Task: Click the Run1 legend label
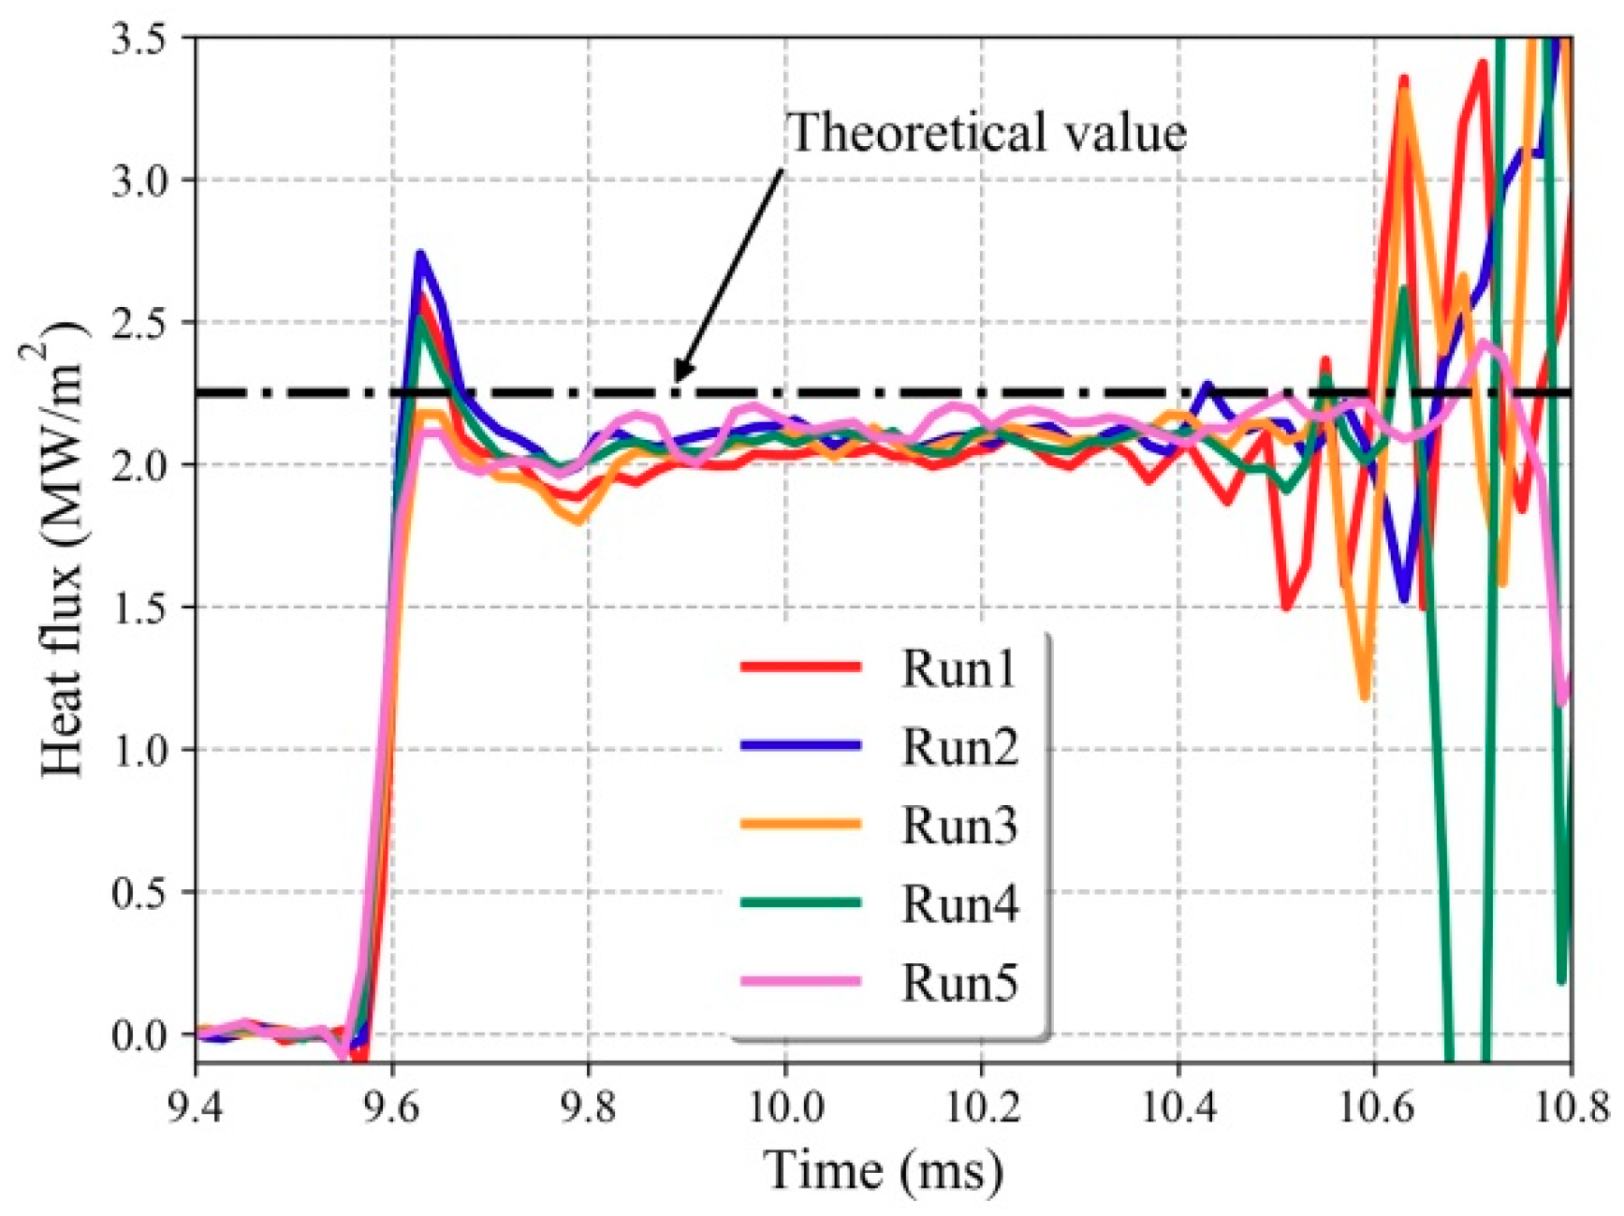click(958, 668)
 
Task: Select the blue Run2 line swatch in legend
click(800, 745)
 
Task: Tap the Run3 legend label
click(958, 825)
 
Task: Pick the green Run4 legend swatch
click(800, 903)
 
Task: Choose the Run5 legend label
click(958, 983)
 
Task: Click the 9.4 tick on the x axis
click(196, 1107)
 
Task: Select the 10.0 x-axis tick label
click(784, 1107)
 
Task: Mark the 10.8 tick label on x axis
click(1573, 1107)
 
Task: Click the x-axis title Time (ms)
click(882, 1170)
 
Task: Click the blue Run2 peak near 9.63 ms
click(420, 254)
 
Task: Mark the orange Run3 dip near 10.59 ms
click(1365, 696)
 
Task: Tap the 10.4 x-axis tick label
click(1178, 1107)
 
